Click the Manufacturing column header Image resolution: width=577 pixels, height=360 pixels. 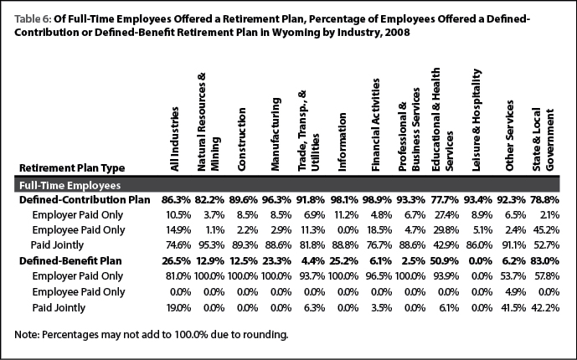[x=276, y=134]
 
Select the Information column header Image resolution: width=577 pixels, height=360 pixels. [x=343, y=142]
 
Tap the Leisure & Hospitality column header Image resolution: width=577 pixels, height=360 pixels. [x=477, y=120]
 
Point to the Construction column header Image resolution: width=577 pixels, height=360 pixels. [x=241, y=139]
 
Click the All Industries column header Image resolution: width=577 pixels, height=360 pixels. [x=174, y=139]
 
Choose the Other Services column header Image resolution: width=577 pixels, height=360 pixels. [x=510, y=136]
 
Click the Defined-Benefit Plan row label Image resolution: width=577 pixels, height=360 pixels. [x=70, y=260]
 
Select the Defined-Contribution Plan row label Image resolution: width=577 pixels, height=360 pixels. [x=85, y=199]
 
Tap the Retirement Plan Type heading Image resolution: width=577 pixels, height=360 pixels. [x=72, y=168]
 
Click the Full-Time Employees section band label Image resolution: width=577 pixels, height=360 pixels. [x=70, y=185]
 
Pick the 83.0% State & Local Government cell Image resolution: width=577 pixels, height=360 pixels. [x=544, y=260]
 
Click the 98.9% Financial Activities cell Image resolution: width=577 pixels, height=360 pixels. [x=377, y=199]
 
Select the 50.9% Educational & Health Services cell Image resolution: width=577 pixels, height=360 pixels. [x=445, y=260]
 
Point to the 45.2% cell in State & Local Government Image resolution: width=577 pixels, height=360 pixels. [x=546, y=230]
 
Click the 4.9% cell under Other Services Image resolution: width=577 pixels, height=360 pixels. [x=515, y=292]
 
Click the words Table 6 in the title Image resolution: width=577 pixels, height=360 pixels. [x=33, y=18]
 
